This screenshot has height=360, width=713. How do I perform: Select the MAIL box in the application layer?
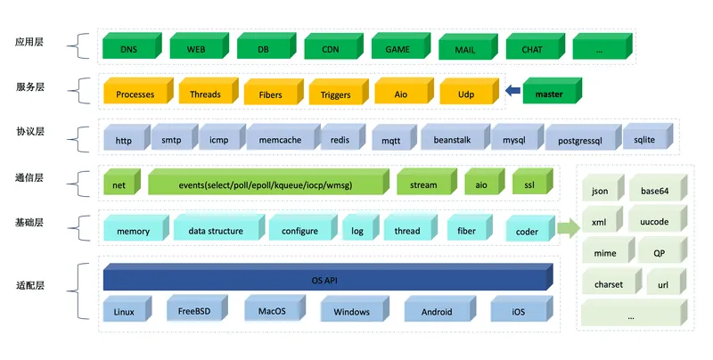point(468,47)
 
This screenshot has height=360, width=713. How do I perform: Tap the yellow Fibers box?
point(274,92)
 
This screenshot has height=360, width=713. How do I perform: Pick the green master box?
point(552,91)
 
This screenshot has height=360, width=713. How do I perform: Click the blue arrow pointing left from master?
point(512,91)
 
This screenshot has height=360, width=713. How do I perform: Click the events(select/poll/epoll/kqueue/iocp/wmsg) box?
point(268,182)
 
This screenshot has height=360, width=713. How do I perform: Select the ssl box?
point(532,182)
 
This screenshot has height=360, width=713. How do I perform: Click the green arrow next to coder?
point(569,228)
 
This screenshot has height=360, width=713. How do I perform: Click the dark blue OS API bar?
point(328,277)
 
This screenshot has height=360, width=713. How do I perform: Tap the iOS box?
point(521,308)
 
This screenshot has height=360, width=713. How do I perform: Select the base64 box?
point(658,187)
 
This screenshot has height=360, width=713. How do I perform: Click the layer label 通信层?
point(29,177)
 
